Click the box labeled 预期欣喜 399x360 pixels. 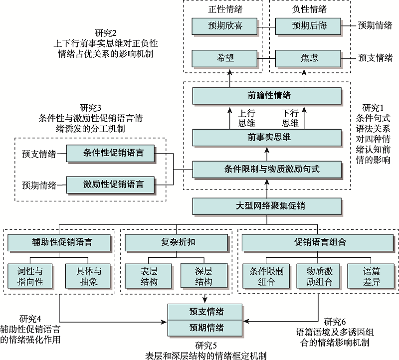(x=224, y=25)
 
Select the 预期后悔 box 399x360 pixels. (x=308, y=25)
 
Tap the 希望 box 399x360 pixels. (x=224, y=58)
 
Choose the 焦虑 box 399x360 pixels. (x=308, y=58)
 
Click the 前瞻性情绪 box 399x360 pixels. (x=267, y=95)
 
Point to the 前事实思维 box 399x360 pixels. (x=267, y=137)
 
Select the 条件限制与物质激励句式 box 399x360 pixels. (x=267, y=169)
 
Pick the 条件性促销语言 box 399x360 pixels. (x=113, y=153)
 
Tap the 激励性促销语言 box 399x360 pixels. (x=113, y=185)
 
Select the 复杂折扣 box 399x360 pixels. (x=178, y=243)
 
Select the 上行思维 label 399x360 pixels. (x=244, y=118)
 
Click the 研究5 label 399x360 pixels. (x=205, y=345)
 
